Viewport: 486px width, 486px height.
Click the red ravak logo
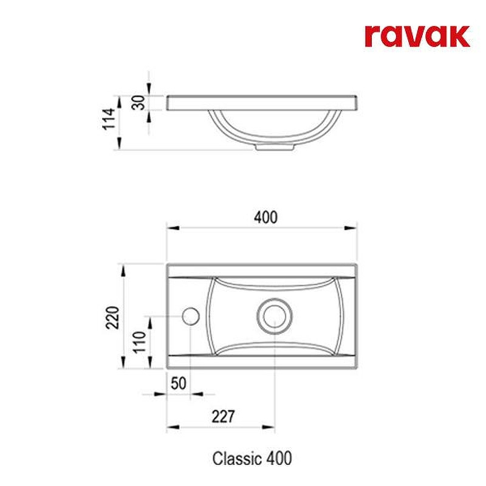click(417, 36)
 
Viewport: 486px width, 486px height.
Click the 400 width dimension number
click(265, 217)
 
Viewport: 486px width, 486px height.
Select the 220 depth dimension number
click(112, 317)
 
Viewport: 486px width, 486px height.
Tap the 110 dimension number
click(140, 342)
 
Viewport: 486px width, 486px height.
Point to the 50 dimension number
click(179, 384)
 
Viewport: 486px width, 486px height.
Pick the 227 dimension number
click(223, 416)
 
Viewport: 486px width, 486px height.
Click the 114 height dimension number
click(109, 118)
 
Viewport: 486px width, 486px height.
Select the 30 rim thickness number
click(139, 103)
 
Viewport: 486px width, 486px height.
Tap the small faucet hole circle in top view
click(191, 317)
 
